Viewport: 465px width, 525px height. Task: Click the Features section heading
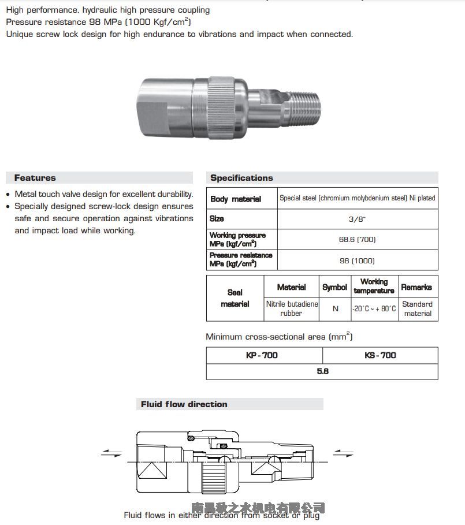point(35,178)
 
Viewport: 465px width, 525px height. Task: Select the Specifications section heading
point(241,178)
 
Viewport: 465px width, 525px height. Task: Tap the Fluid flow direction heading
point(184,404)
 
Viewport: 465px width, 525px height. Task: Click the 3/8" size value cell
point(357,219)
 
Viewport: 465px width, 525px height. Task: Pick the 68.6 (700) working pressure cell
point(357,239)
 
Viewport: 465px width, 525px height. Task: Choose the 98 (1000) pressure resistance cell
point(357,260)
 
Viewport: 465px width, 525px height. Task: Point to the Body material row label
point(236,199)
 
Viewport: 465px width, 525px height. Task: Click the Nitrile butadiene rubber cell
point(291,308)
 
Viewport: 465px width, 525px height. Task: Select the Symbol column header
point(335,287)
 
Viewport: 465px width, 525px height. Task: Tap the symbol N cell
point(335,309)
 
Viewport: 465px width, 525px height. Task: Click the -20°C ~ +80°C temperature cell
point(374,309)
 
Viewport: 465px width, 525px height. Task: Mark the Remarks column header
point(416,287)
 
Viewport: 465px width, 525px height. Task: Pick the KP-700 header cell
point(262,355)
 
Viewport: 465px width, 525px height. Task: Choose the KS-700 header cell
point(380,355)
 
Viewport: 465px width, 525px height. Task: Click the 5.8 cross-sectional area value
point(322,371)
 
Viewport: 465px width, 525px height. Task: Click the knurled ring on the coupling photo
point(222,106)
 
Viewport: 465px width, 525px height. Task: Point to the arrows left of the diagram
point(111,453)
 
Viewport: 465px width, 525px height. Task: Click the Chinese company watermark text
point(258,508)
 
